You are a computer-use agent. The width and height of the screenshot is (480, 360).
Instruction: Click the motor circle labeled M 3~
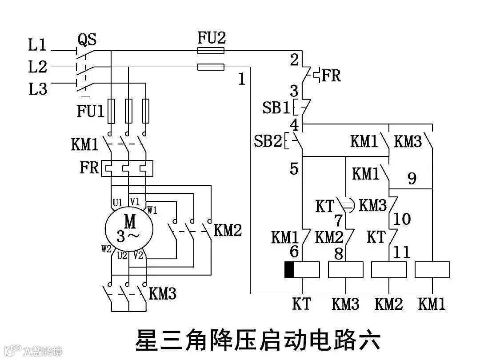point(129,228)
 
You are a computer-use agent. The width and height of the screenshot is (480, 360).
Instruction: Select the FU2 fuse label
point(212,38)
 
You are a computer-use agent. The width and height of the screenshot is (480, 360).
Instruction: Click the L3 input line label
point(38,89)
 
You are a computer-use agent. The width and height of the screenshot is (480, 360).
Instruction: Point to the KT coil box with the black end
point(302,270)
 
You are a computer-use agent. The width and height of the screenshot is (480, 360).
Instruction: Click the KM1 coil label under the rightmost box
point(432,304)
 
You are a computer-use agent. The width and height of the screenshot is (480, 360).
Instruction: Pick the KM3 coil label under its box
point(345,304)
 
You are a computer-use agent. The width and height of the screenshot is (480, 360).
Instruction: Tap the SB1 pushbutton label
point(276,108)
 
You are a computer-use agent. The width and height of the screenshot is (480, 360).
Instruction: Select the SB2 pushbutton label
point(268,141)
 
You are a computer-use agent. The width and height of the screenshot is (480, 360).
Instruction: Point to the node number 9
point(412,179)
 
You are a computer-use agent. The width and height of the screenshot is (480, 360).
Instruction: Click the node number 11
point(402,252)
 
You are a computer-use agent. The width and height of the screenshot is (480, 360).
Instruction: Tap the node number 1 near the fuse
point(242,80)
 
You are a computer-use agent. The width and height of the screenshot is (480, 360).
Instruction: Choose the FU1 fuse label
point(91,111)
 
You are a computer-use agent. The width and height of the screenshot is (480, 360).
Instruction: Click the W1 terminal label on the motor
point(152,210)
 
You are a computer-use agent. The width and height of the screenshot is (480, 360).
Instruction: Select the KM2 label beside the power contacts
point(228,230)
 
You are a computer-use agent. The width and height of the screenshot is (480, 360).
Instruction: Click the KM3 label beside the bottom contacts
point(163,294)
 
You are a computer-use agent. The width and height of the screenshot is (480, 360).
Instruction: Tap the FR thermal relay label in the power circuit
point(89,168)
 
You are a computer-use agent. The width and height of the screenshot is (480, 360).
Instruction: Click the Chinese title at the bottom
point(257,340)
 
